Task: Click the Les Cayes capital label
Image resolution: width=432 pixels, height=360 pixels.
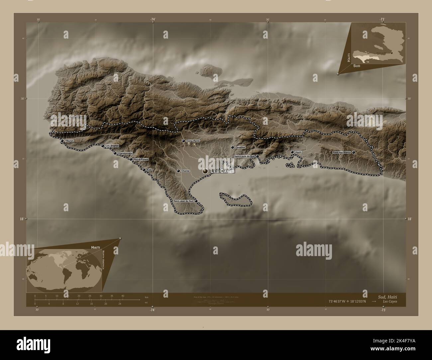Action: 223,171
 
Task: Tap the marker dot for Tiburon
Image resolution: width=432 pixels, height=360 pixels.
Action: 62,141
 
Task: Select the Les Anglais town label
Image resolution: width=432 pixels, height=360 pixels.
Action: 112,146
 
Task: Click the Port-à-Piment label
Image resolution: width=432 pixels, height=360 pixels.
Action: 141,159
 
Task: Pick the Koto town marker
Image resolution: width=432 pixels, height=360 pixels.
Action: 144,170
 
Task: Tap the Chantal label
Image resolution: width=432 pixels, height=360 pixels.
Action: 186,171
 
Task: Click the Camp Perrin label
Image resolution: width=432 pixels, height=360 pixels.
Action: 194,141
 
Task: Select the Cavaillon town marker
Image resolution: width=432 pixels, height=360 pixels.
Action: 233,147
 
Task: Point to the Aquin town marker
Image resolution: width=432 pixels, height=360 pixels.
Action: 292,152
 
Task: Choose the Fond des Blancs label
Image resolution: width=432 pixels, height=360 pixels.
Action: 342,152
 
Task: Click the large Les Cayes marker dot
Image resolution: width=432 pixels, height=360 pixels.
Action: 205,171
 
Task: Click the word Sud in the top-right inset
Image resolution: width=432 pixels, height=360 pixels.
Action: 356,66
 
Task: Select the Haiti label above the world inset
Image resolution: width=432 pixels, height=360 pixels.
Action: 96,247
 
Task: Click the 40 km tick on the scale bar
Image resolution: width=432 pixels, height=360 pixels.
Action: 123,296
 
